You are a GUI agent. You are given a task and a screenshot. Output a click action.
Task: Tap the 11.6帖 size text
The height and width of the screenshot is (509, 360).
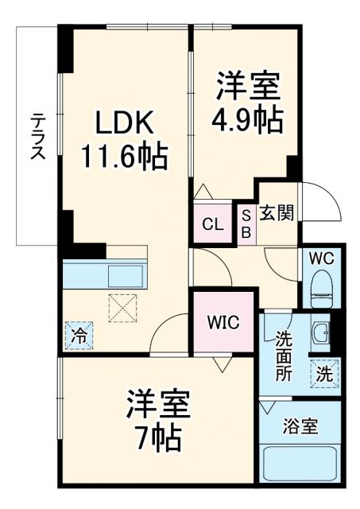(x=123, y=155)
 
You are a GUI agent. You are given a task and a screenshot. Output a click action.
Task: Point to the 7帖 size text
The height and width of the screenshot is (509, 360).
(x=158, y=436)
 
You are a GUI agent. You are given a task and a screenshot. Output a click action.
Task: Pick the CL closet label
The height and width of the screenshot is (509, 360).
(x=212, y=223)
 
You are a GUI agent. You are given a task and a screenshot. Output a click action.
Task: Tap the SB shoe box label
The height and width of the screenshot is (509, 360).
(x=246, y=223)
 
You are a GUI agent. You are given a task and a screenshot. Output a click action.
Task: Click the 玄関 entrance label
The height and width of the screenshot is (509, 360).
(x=276, y=213)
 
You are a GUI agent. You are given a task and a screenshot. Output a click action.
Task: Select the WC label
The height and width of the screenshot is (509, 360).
(x=321, y=259)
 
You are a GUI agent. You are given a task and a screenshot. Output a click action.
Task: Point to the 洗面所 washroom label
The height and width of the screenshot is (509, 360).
(x=284, y=355)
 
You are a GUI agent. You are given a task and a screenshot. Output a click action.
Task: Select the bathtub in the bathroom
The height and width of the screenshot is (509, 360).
(x=300, y=466)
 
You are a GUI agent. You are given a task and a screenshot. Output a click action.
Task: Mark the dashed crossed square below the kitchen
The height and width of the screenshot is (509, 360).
(x=123, y=307)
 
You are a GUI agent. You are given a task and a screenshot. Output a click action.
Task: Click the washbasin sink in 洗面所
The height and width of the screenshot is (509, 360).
(x=320, y=332)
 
